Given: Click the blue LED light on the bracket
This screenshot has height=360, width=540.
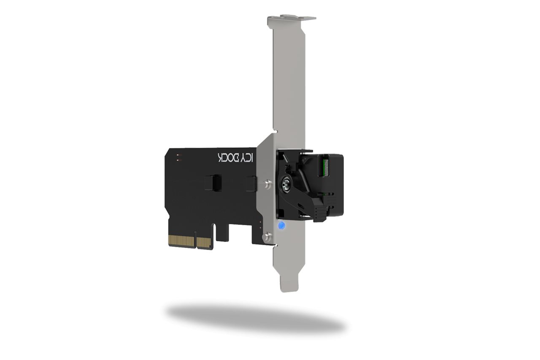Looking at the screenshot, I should coord(282,226).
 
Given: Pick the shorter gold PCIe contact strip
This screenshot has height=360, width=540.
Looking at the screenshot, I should coord(204,242).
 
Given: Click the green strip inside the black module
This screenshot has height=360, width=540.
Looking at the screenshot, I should coord(325,166).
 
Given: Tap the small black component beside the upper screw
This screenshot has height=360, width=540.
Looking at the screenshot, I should coord(252,183).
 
